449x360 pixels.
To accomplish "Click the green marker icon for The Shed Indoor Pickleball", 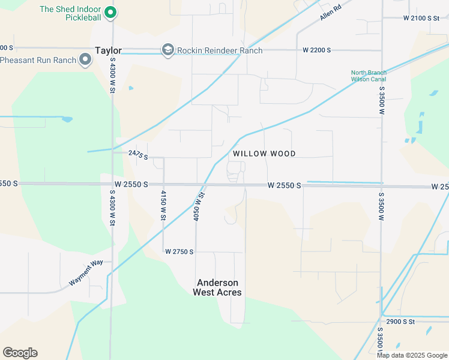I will [x=110, y=12].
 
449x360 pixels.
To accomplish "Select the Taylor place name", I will [x=109, y=51].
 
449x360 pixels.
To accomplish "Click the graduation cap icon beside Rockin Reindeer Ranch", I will [x=168, y=50].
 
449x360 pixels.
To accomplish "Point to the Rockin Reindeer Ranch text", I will [x=220, y=50].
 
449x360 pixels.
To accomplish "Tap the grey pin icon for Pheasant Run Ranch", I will [x=85, y=59].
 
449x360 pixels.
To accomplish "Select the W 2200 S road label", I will [x=317, y=50].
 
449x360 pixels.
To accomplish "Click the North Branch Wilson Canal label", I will [x=369, y=76].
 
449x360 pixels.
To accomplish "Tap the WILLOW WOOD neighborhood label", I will [x=264, y=154].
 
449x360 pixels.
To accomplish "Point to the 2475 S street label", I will [x=138, y=154].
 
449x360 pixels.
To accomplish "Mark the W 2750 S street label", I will [x=179, y=251].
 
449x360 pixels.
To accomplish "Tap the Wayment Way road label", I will [x=86, y=272].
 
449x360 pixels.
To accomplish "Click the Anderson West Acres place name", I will [x=217, y=287].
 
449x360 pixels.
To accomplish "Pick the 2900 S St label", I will [x=400, y=322].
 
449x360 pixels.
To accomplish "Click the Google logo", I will [x=20, y=353].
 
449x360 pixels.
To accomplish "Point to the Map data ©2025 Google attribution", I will [x=411, y=355].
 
